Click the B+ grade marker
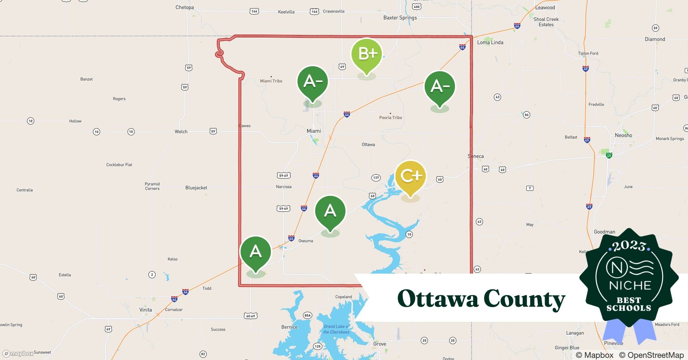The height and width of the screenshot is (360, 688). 367,54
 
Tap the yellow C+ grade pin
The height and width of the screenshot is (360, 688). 410,176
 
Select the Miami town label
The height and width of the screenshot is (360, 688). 314,131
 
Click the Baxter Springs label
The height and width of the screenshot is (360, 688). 400,18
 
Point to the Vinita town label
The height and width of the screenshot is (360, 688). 146,310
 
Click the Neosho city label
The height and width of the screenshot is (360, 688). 623,135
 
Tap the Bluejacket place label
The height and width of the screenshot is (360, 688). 196,188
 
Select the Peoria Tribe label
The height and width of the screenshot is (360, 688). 390,118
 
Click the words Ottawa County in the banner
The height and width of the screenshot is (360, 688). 481,299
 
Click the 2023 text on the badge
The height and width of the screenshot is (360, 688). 629,246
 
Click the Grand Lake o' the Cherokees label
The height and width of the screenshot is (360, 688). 336,329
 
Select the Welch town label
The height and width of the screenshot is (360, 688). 181,132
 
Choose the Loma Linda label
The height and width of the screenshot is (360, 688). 490,42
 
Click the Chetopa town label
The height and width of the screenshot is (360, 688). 184,7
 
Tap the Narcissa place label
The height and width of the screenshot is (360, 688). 284,187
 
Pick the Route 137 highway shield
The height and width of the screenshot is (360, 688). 376,177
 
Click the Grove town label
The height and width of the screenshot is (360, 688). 380,344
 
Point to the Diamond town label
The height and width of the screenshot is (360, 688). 655,39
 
